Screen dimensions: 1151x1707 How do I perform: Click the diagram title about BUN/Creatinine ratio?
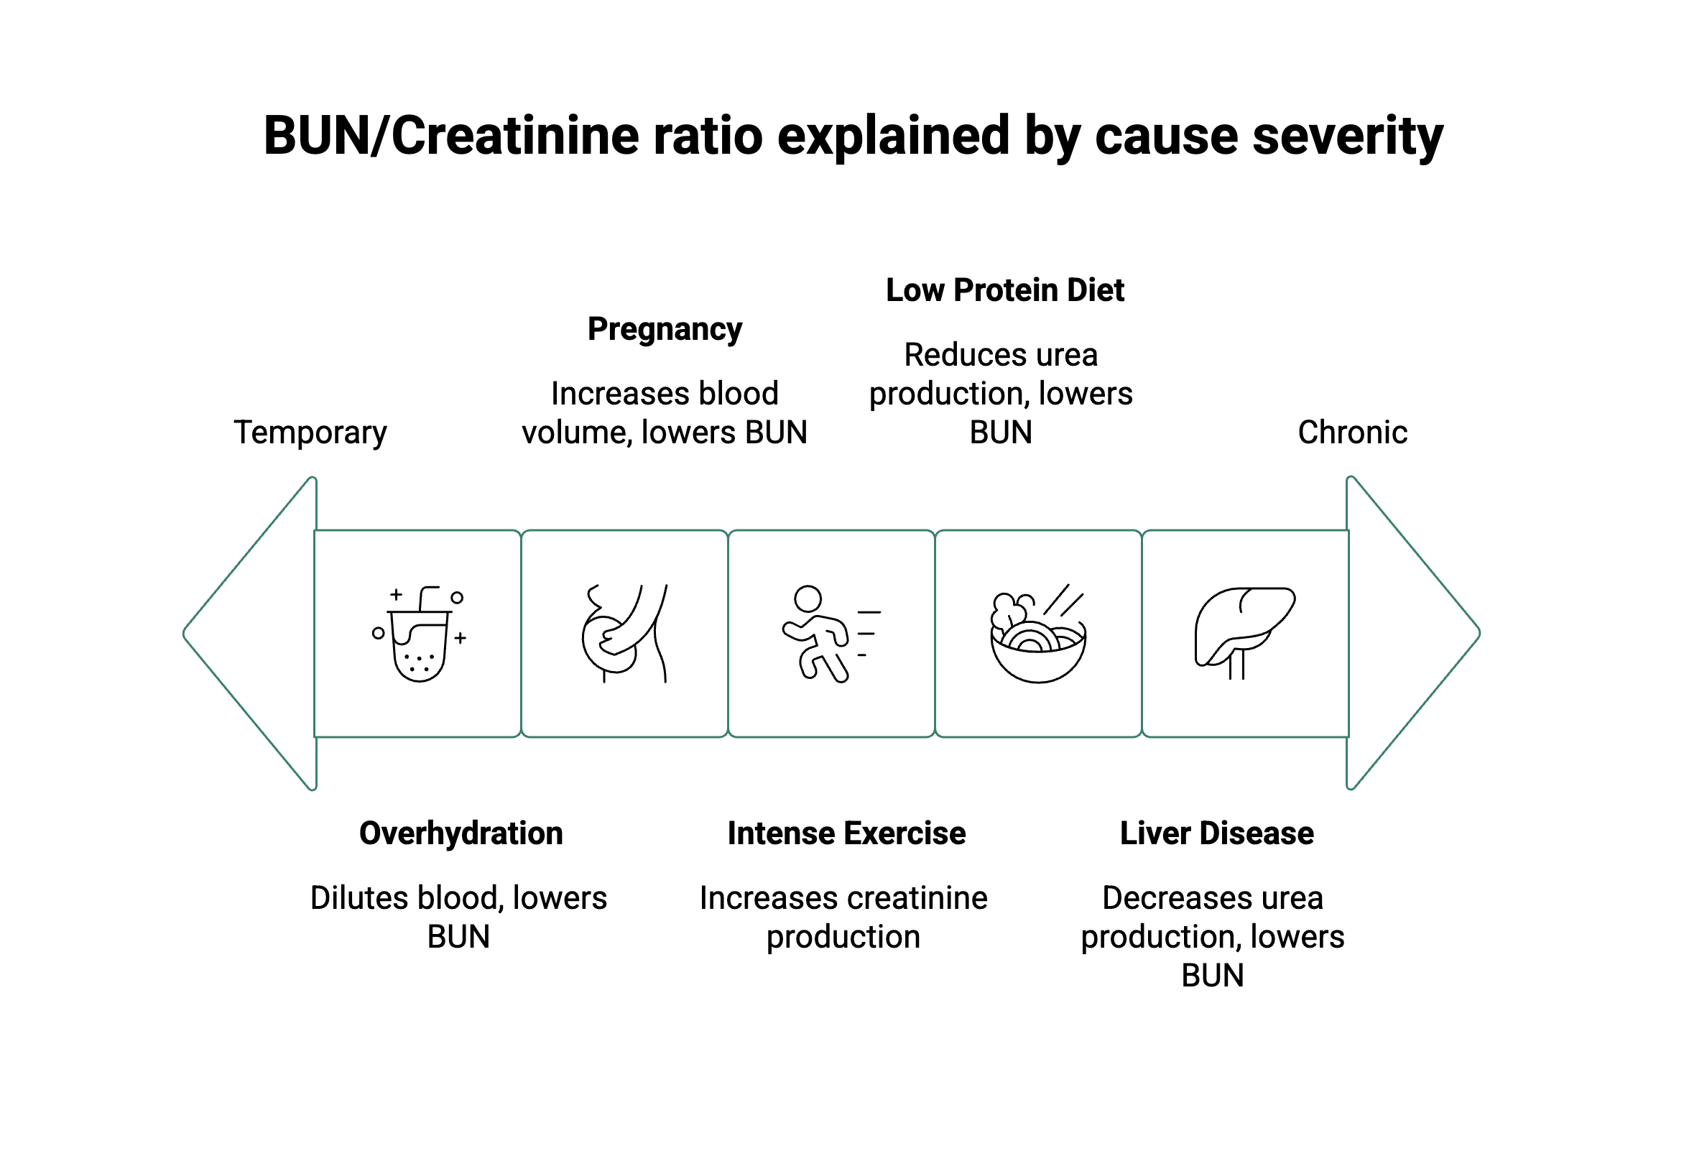(853, 137)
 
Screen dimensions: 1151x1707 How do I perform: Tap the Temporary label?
(310, 433)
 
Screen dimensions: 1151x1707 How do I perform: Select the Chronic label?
(1352, 433)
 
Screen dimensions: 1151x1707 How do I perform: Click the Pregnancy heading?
(664, 329)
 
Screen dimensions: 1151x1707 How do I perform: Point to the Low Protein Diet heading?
(1004, 290)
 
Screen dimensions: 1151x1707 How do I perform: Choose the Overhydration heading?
(461, 833)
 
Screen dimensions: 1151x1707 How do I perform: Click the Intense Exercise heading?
(846, 833)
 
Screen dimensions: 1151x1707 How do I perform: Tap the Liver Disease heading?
(1216, 833)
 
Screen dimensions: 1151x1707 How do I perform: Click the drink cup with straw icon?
(419, 634)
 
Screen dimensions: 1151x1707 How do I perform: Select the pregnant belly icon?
(624, 634)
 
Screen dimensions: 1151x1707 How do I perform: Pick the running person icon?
(830, 634)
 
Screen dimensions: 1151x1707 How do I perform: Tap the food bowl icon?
(1037, 634)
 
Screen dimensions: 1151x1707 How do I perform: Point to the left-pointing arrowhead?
(257, 634)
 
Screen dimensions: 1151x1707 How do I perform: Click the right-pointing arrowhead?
(1409, 634)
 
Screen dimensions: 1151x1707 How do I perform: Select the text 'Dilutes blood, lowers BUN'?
(458, 917)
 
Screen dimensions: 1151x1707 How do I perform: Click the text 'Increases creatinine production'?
(843, 917)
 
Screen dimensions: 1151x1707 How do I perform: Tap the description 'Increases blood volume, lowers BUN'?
(664, 412)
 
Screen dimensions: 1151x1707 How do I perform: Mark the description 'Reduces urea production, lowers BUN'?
(1000, 394)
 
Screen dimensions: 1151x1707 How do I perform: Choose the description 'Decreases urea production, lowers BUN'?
(1213, 936)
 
